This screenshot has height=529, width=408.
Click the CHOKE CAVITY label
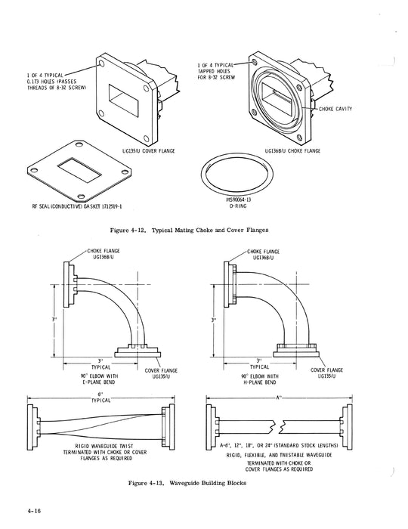pyautogui.click(x=338, y=109)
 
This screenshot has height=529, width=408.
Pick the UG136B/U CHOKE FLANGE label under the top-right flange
pyautogui.click(x=291, y=151)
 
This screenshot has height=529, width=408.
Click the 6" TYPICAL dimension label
pyautogui.click(x=101, y=400)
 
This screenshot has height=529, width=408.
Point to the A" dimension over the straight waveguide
pyautogui.click(x=280, y=395)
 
